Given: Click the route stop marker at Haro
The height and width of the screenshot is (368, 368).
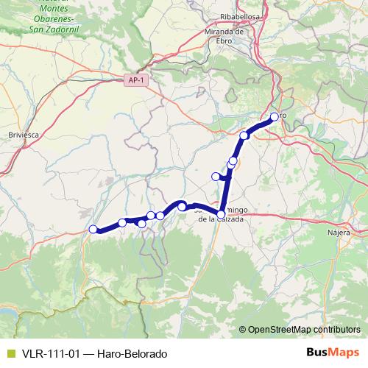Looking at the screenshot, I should [x=274, y=116].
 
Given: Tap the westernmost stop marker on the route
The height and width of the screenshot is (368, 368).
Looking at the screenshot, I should [x=93, y=229].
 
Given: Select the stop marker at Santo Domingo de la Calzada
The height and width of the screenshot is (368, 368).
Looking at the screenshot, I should [x=221, y=213].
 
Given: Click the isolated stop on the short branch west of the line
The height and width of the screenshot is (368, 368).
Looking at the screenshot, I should [x=216, y=176].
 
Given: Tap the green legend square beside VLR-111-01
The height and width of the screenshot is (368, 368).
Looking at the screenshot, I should [x=9, y=354].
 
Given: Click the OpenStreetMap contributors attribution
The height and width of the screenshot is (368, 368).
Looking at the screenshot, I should [x=304, y=330].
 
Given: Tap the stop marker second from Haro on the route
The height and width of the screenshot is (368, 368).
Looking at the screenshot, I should [x=244, y=135].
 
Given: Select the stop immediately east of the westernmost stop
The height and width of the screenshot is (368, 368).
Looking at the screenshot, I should [x=122, y=222].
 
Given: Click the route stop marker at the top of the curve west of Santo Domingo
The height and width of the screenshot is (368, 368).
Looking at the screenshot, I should [x=182, y=207].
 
